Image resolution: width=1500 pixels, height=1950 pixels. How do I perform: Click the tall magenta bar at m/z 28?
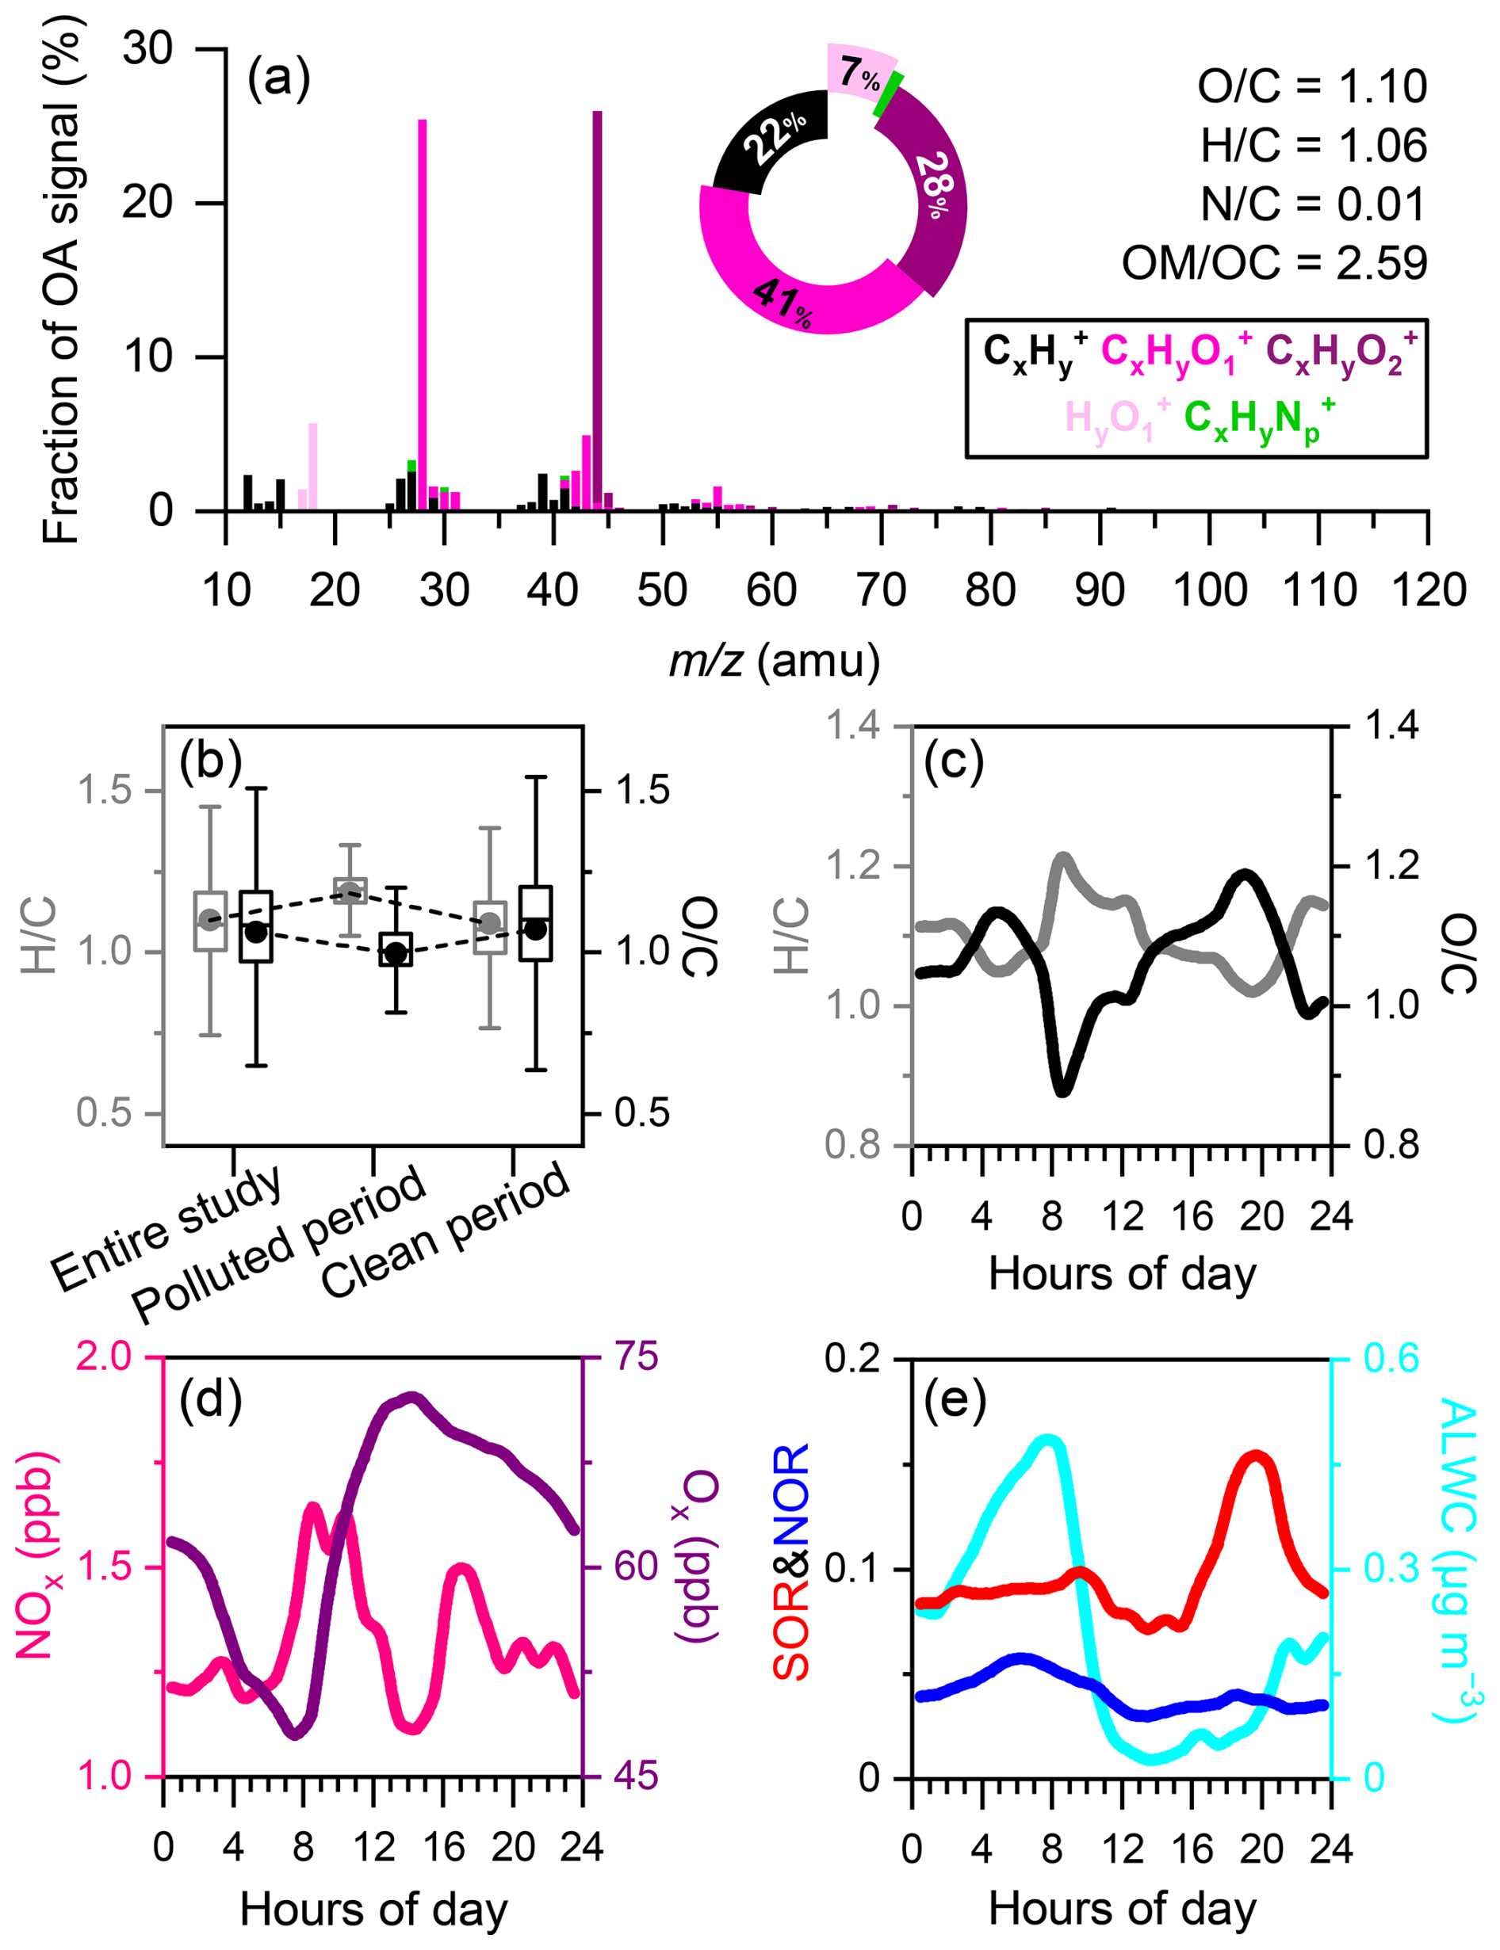pyautogui.click(x=423, y=312)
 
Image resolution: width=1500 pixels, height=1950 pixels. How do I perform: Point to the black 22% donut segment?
pyautogui.click(x=770, y=143)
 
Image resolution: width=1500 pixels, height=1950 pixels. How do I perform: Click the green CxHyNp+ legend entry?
pyautogui.click(x=1259, y=420)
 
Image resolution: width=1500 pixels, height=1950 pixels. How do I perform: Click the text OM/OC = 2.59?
pyautogui.click(x=1274, y=262)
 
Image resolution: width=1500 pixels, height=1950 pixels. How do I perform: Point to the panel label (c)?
pyautogui.click(x=954, y=761)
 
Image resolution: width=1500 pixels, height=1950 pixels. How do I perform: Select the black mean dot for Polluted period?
pyautogui.click(x=396, y=953)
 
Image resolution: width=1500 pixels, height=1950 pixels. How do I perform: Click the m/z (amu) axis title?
pyautogui.click(x=774, y=662)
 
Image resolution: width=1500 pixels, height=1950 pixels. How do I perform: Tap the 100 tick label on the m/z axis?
pyautogui.click(x=1209, y=591)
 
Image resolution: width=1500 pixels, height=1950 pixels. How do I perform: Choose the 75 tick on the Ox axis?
pyautogui.click(x=635, y=1357)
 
